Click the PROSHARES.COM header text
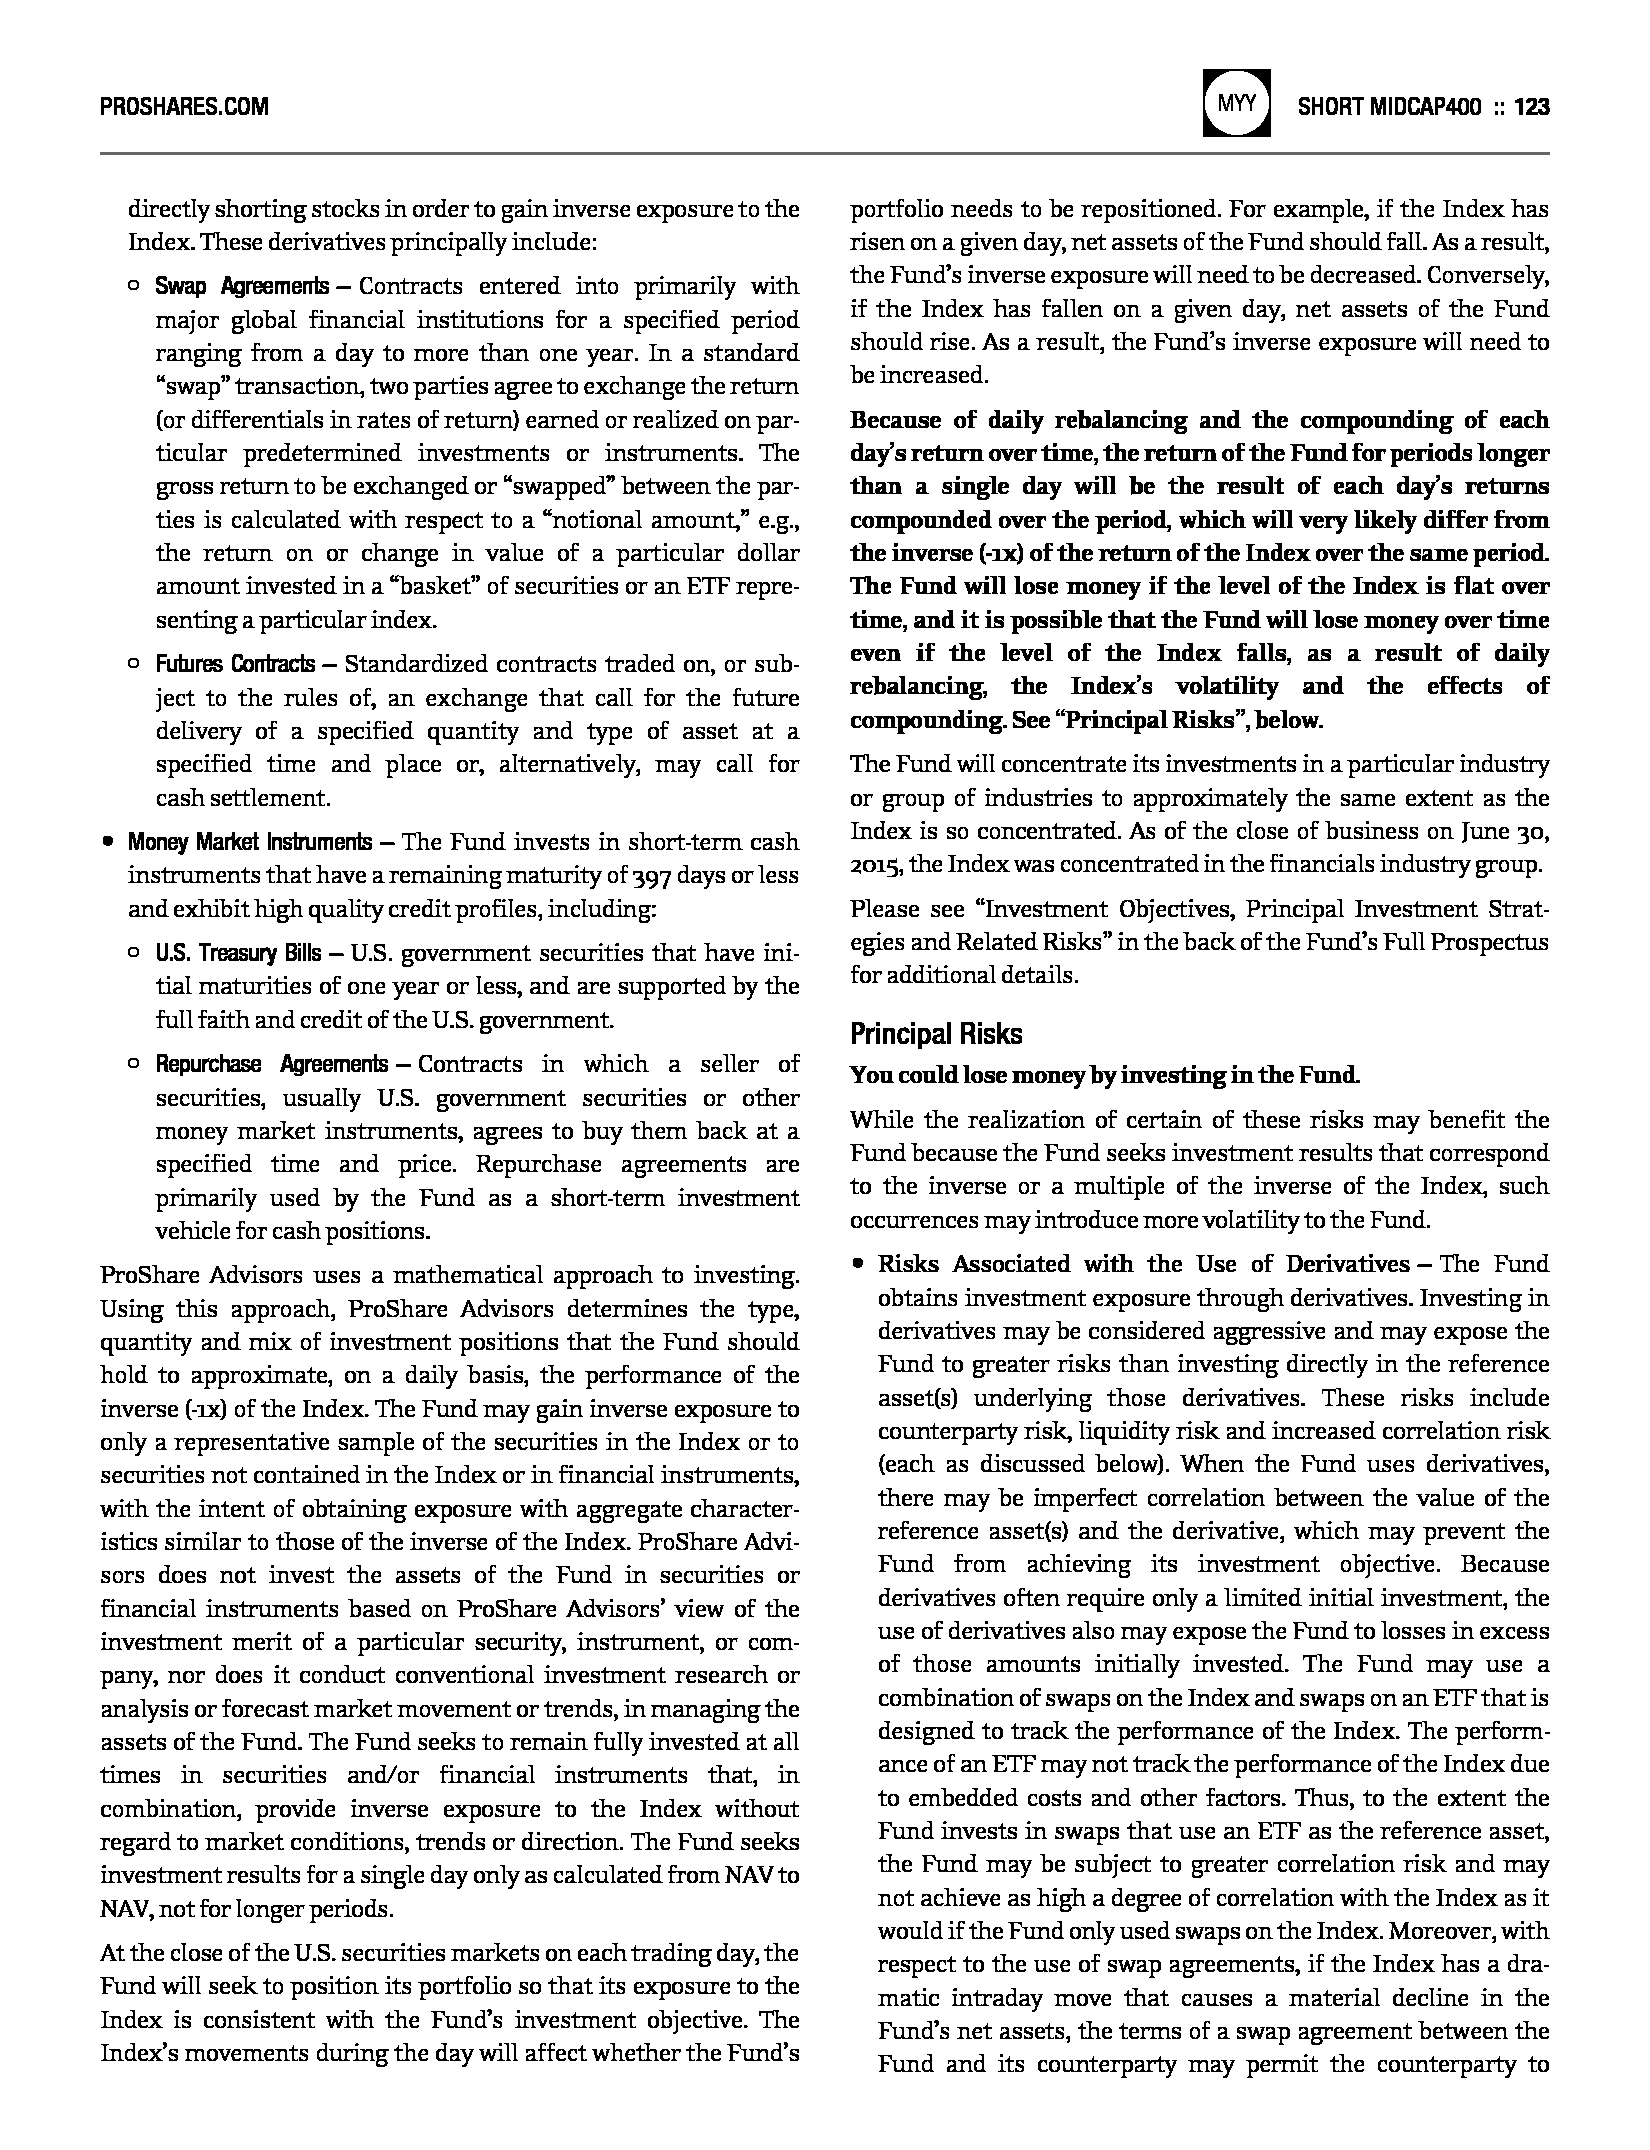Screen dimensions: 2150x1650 tap(184, 107)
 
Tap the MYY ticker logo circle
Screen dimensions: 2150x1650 tap(1237, 104)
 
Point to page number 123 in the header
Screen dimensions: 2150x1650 tap(1532, 107)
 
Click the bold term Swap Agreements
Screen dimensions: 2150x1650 tap(241, 287)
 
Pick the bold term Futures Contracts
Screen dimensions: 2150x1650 tap(235, 665)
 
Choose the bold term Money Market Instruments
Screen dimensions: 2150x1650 tap(249, 842)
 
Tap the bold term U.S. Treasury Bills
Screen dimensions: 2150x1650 tap(238, 953)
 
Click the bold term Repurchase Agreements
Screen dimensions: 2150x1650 tap(271, 1064)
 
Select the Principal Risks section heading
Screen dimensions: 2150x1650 tap(936, 1033)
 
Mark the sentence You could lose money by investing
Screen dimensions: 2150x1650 tap(1104, 1076)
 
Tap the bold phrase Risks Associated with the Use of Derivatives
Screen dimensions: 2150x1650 tap(1143, 1264)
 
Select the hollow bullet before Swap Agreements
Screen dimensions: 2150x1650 tap(134, 287)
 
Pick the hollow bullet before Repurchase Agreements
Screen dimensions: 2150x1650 tap(134, 1064)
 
